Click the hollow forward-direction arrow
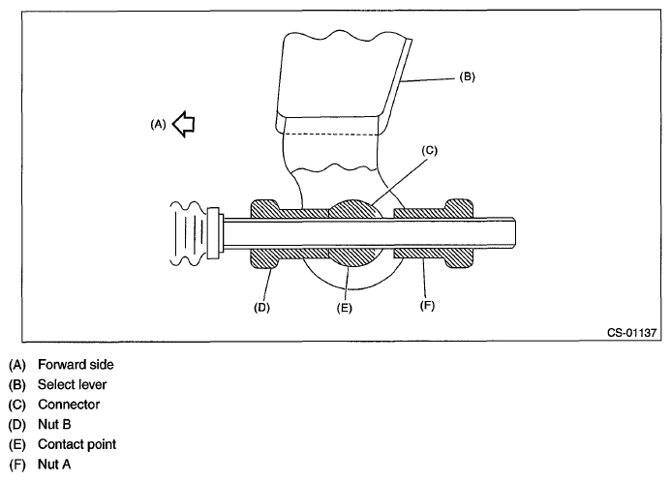[184, 124]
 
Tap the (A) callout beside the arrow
[157, 124]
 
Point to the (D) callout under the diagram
[261, 309]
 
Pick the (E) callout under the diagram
[344, 309]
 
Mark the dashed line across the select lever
[339, 132]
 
